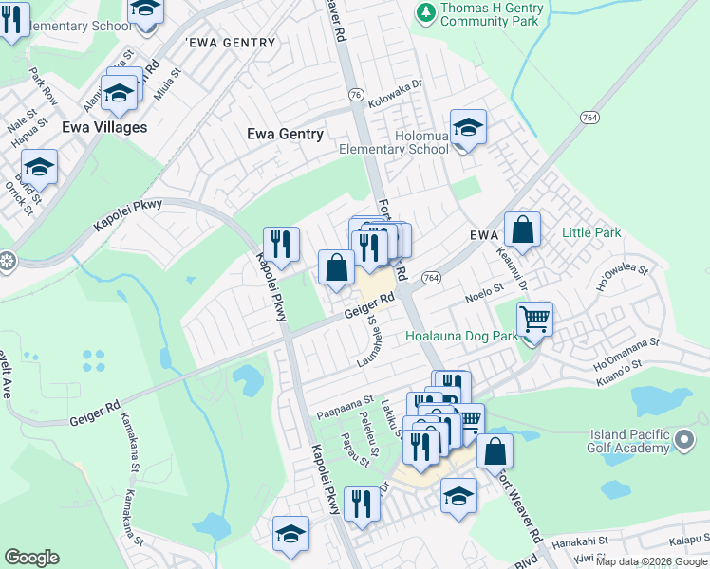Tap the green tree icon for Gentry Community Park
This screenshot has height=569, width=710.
pyautogui.click(x=425, y=12)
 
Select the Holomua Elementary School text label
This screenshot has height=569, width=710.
pyautogui.click(x=395, y=142)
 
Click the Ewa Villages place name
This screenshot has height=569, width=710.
pyautogui.click(x=103, y=127)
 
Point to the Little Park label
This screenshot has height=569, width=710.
pyautogui.click(x=590, y=232)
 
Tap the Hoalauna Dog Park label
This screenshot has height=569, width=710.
pyautogui.click(x=461, y=336)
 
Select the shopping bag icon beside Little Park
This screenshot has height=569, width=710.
pyautogui.click(x=522, y=229)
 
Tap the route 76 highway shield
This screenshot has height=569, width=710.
pyautogui.click(x=355, y=95)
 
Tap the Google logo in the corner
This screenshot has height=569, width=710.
pyautogui.click(x=31, y=558)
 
